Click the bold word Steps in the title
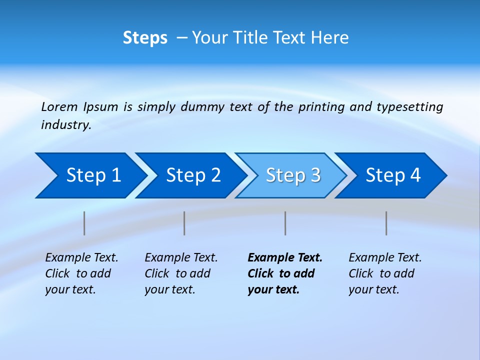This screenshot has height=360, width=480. coord(145,38)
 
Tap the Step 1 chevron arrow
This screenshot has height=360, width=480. coord(90,175)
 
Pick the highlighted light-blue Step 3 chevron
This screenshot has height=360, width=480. coord(292,175)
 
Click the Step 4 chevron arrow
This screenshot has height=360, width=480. coord(392,175)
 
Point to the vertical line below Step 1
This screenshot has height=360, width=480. coord(84,223)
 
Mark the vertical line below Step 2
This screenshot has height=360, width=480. coord(184,223)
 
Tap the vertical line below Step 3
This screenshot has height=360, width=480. coord(285,223)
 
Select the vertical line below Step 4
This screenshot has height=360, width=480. coord(386,223)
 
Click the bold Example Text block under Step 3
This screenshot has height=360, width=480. coord(284,273)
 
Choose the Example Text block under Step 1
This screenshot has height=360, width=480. coord(81,273)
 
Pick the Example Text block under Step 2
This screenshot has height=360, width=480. coord(181,273)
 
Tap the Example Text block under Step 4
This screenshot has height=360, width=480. coord(385,273)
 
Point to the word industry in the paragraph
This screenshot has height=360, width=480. coord(65,125)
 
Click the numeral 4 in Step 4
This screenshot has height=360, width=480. coord(414,175)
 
